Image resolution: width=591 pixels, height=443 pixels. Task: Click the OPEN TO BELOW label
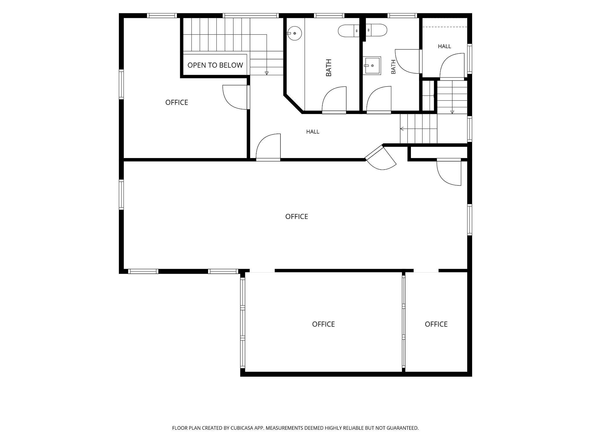215,65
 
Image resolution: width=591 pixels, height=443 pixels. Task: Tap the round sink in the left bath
294,33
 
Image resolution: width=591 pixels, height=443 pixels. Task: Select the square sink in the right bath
372,65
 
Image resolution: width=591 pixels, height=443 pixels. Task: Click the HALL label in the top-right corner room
444,46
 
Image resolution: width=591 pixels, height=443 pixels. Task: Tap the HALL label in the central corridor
313,132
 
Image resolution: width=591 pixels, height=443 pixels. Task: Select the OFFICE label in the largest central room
297,217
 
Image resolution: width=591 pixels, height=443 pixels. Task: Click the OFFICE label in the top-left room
177,102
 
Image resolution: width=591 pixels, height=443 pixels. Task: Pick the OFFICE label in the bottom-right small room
436,324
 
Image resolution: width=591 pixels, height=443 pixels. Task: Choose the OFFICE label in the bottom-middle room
323,324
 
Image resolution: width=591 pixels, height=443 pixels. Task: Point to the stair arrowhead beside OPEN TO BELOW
267,73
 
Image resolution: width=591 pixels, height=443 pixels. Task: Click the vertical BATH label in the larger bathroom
329,68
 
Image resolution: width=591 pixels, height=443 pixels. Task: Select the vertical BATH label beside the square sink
393,67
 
